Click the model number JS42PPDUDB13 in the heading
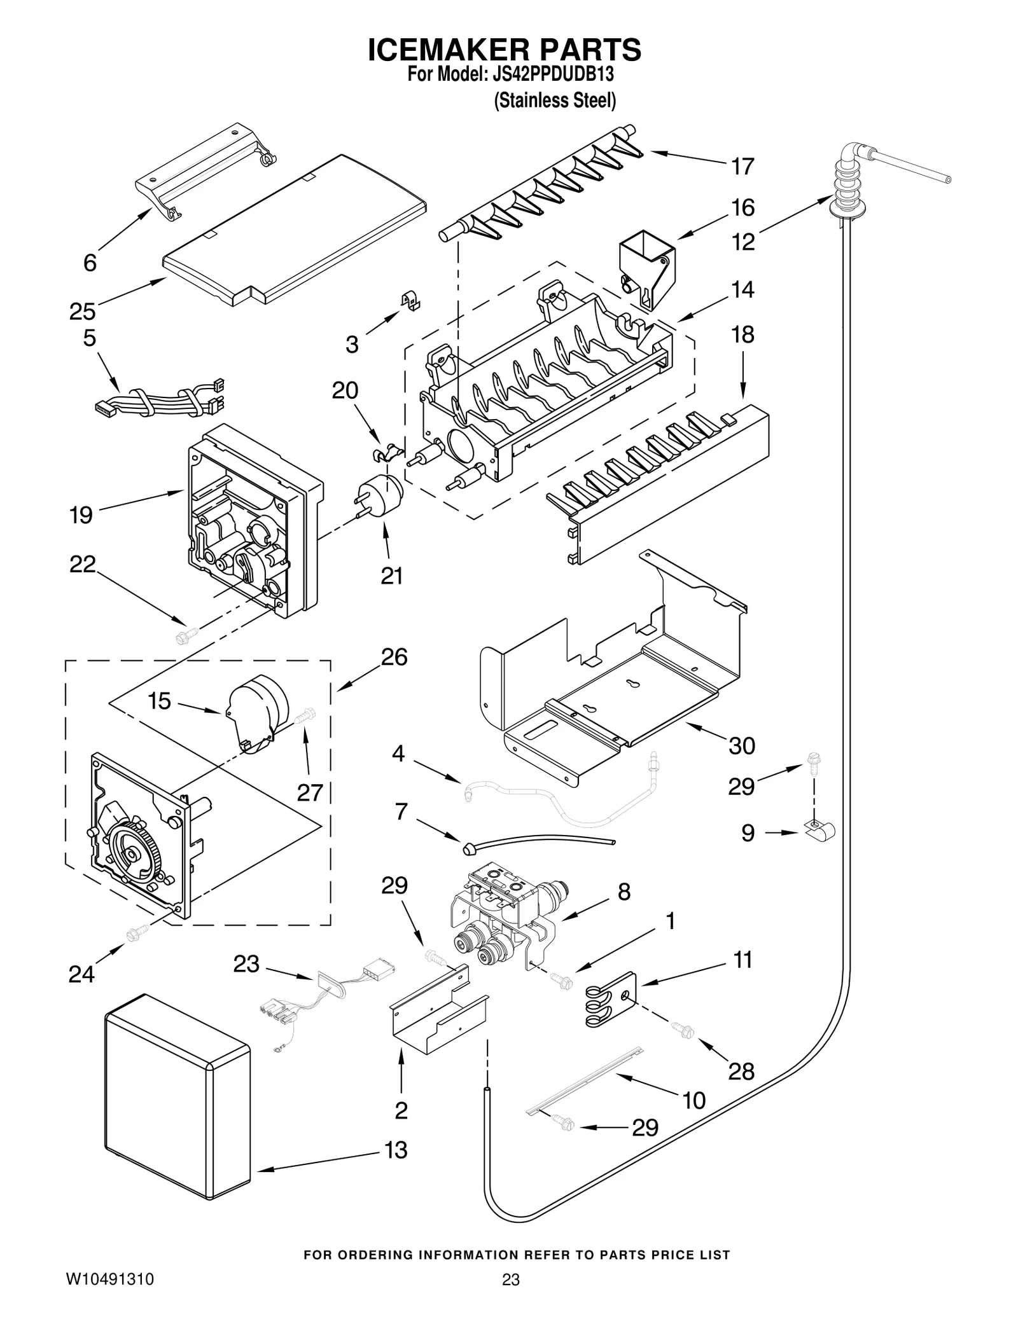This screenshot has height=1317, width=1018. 553,75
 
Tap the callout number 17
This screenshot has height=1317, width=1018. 743,167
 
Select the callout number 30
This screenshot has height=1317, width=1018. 741,746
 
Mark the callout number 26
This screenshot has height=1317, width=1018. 394,657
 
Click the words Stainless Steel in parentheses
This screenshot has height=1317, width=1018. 555,100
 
